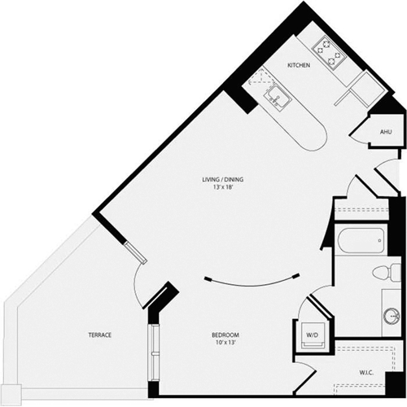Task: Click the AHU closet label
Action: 386,131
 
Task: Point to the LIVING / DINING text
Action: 223,180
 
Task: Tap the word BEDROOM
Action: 221,335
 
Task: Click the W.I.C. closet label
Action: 369,374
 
